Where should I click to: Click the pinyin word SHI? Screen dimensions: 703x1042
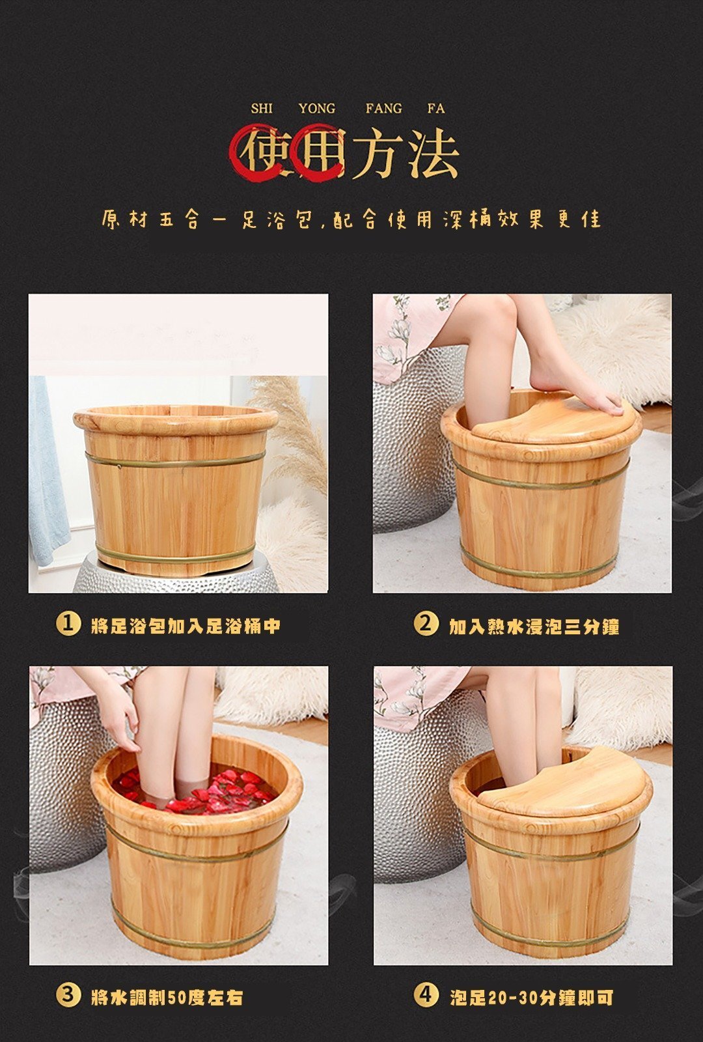pyautogui.click(x=261, y=109)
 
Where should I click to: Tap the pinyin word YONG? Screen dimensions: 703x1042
pyautogui.click(x=316, y=109)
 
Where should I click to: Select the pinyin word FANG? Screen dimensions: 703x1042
pyautogui.click(x=383, y=109)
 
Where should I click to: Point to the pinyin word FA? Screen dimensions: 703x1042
pyautogui.click(x=436, y=109)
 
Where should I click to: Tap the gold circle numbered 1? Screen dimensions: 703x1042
pyautogui.click(x=68, y=624)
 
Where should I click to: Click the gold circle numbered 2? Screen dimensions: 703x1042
pyautogui.click(x=426, y=624)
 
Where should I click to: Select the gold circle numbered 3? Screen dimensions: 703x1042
pyautogui.click(x=68, y=994)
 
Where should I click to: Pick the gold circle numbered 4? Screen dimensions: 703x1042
pyautogui.click(x=426, y=994)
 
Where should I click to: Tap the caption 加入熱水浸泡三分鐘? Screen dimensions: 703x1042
pyautogui.click(x=534, y=626)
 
